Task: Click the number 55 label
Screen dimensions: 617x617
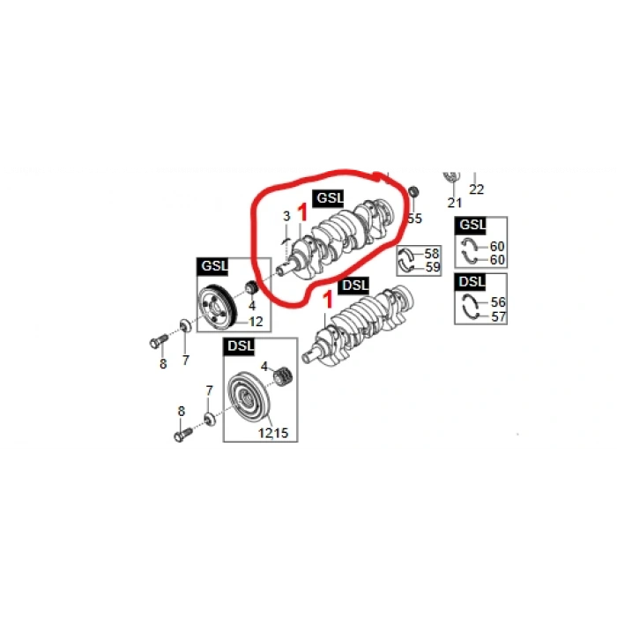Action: coord(415,219)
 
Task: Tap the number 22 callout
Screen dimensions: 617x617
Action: coord(476,190)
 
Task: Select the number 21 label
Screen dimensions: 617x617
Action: coord(454,203)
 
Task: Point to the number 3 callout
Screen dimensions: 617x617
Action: coord(286,216)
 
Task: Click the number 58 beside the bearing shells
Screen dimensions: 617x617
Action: coord(432,253)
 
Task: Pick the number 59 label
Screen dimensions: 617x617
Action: coord(433,267)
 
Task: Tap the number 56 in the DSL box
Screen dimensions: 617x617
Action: coord(498,301)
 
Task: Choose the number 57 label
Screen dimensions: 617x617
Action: coord(498,316)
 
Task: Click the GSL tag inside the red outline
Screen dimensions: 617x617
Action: coord(329,198)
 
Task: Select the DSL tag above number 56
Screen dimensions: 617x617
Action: coord(471,282)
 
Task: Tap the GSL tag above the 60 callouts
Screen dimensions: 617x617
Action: coord(471,225)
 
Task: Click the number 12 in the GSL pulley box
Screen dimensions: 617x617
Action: coord(256,322)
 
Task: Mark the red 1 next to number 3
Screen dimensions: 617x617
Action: coord(302,212)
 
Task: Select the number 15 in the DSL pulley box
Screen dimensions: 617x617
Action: coord(281,433)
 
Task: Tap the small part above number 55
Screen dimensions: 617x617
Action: coord(413,192)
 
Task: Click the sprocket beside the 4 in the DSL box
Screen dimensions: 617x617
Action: coord(283,376)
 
